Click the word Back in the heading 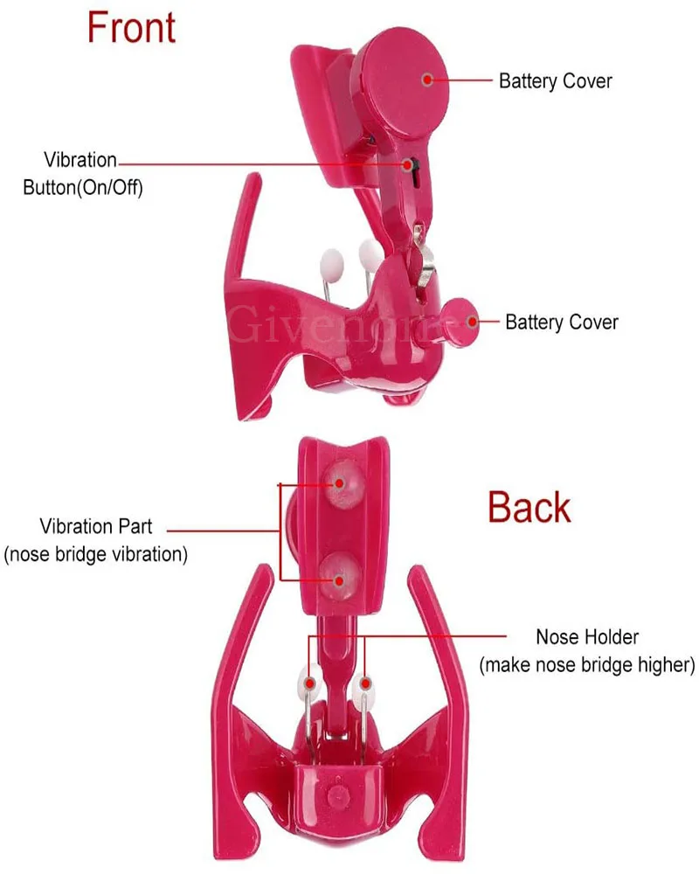click(529, 508)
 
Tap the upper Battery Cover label click(555, 81)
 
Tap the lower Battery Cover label click(562, 322)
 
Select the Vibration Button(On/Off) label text click(81, 173)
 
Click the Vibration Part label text click(96, 526)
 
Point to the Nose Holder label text click(587, 636)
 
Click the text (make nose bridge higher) click(587, 665)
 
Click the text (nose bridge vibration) click(96, 555)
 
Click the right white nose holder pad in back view click(364, 683)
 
